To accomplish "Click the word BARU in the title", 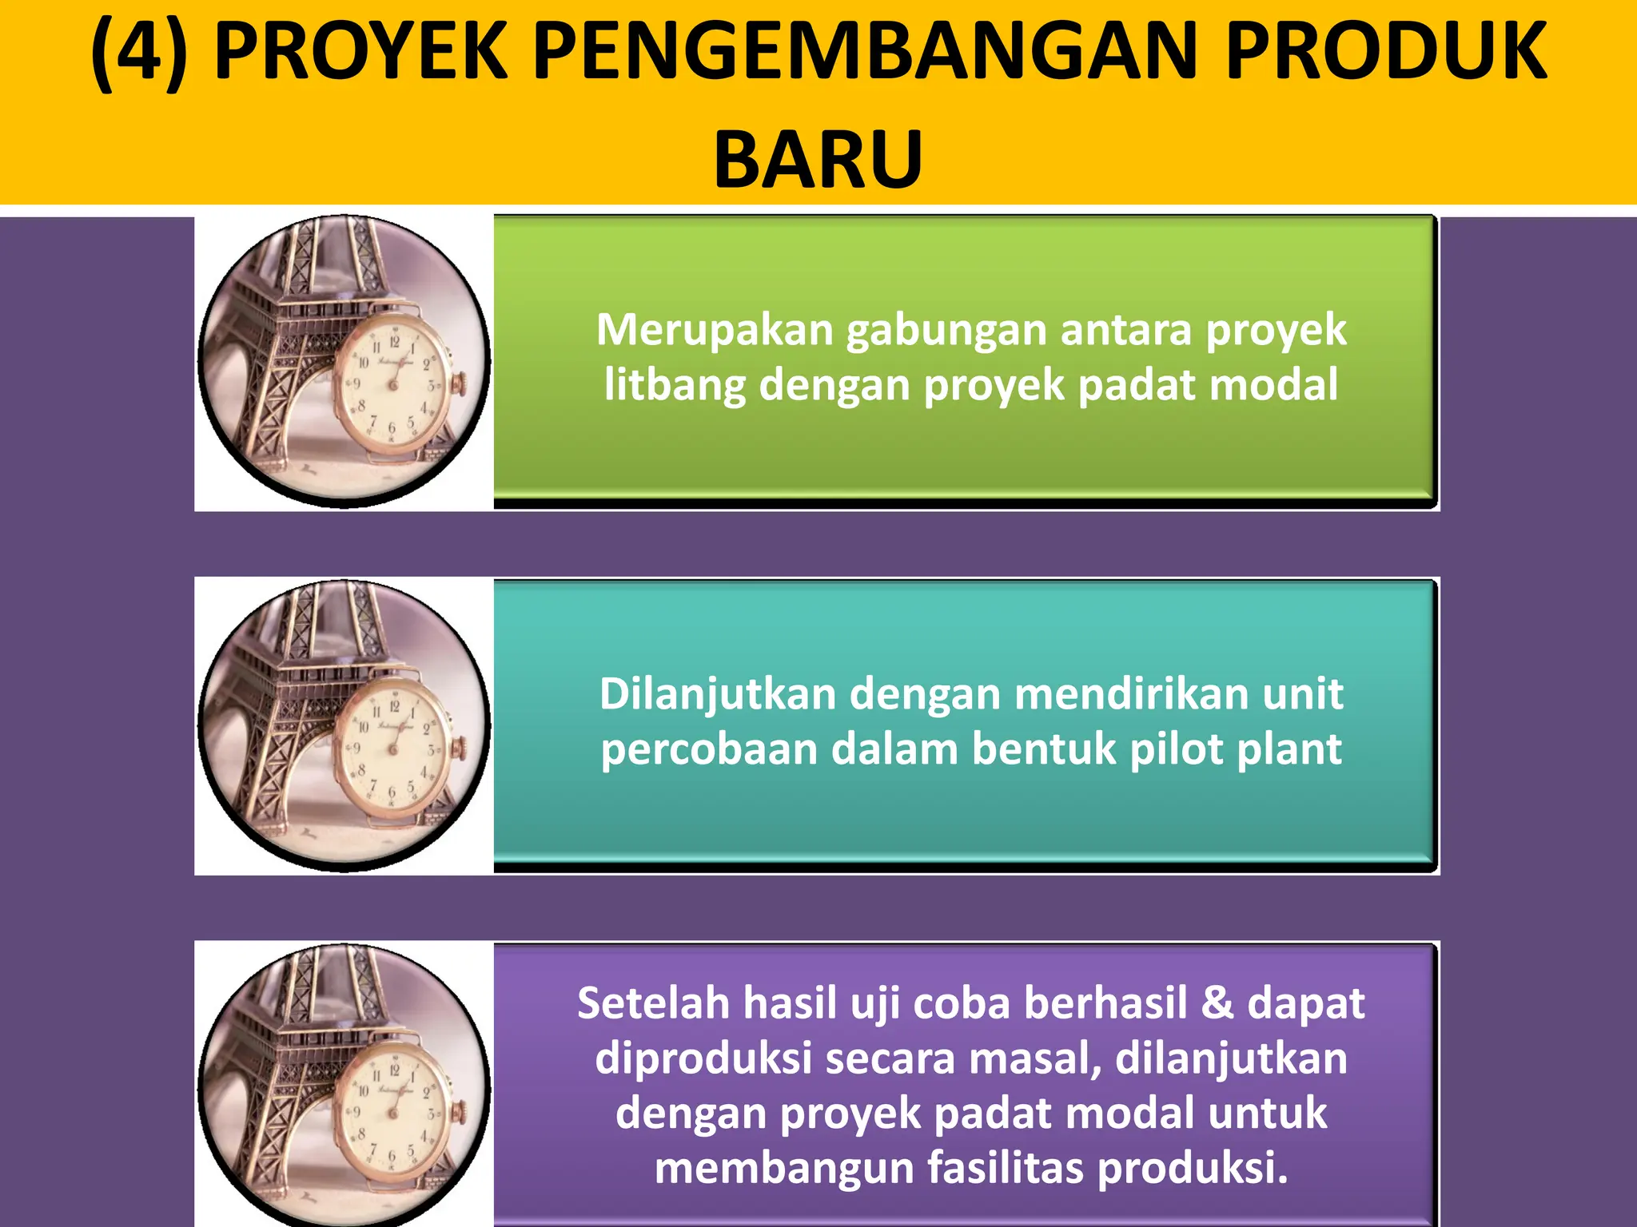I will [x=818, y=159].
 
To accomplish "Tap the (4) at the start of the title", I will [x=139, y=53].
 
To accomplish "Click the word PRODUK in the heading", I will [x=1386, y=53].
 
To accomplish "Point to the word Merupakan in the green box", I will [x=715, y=330].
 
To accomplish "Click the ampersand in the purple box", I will [x=1217, y=1003].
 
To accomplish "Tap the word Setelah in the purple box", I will [x=652, y=1003].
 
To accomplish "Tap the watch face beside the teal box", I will [x=391, y=748].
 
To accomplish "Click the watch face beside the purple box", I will [x=392, y=1111].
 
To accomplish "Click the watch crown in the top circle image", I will [x=460, y=385].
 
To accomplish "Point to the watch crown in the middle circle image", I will [x=460, y=749].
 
